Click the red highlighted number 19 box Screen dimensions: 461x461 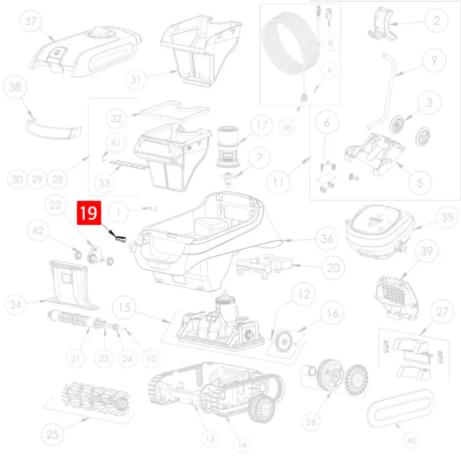[x=89, y=213]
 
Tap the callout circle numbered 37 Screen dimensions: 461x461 [x=31, y=21]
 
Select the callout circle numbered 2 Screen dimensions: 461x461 [x=436, y=21]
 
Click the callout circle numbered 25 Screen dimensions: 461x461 [x=52, y=434]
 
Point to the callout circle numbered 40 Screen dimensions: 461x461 [x=411, y=440]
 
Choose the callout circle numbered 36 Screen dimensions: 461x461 [x=327, y=239]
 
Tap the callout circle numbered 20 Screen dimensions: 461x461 [x=333, y=267]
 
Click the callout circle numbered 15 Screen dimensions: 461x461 [x=124, y=308]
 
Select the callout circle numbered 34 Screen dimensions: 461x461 [x=16, y=304]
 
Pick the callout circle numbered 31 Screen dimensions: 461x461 [x=135, y=80]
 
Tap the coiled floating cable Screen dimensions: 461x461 [x=290, y=43]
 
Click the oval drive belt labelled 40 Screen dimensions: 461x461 [x=400, y=408]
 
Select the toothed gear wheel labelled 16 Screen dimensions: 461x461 [x=285, y=342]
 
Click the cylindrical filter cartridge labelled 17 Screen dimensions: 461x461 [x=228, y=146]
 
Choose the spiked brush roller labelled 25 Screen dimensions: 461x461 [x=95, y=396]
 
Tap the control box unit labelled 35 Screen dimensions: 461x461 [x=381, y=232]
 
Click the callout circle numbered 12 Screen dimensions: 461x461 [x=304, y=294]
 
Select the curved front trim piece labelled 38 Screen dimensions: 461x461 [x=53, y=129]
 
